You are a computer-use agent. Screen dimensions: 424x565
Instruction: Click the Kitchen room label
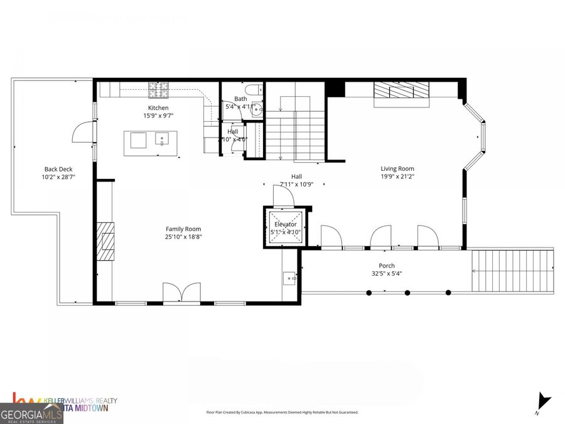[158, 108]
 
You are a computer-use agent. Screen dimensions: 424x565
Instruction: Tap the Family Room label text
[183, 229]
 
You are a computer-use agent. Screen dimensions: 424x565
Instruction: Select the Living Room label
[397, 168]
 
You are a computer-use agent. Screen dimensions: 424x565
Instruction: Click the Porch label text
[387, 266]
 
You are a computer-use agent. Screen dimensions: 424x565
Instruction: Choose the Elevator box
[286, 227]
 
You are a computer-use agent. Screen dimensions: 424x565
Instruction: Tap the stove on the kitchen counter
[159, 92]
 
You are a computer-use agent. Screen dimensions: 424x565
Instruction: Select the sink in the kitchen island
[161, 139]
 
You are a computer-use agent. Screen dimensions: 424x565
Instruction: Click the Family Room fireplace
[105, 241]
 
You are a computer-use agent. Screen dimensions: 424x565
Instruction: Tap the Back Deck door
[84, 132]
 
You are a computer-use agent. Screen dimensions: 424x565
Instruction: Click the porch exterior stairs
[512, 271]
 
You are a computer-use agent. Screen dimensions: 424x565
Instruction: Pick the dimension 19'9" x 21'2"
[397, 177]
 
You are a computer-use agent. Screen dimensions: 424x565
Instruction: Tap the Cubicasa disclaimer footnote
[282, 413]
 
